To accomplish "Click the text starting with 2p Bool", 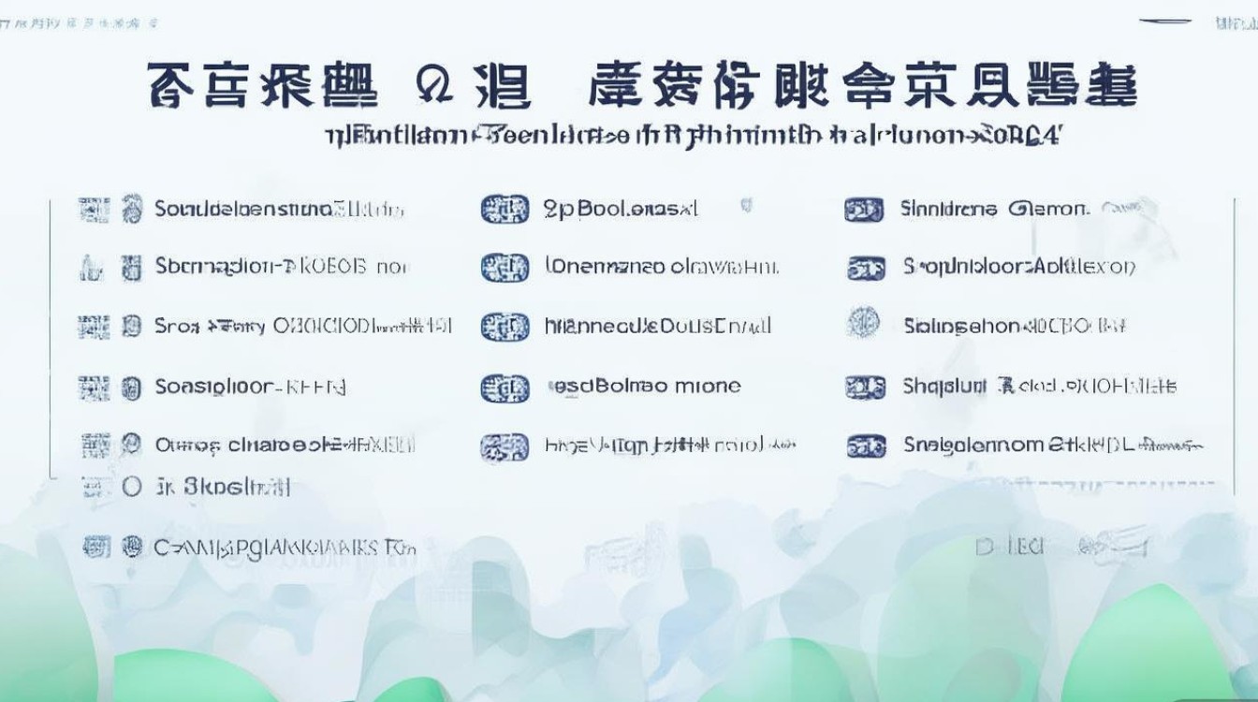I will point(620,209).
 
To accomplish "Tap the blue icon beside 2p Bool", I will point(504,210).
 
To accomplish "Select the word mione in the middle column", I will point(709,386).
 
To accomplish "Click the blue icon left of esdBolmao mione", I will point(504,388).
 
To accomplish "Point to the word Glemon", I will point(1047,209).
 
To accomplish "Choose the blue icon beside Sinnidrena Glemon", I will point(863,210).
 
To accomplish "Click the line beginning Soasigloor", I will point(250,386).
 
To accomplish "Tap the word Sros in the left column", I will point(177,327).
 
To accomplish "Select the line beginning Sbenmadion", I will point(281,268).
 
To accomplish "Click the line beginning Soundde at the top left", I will point(278,209).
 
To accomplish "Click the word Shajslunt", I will point(944,386).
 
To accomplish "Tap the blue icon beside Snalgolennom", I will point(865,446).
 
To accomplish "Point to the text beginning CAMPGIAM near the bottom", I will point(285,548).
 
